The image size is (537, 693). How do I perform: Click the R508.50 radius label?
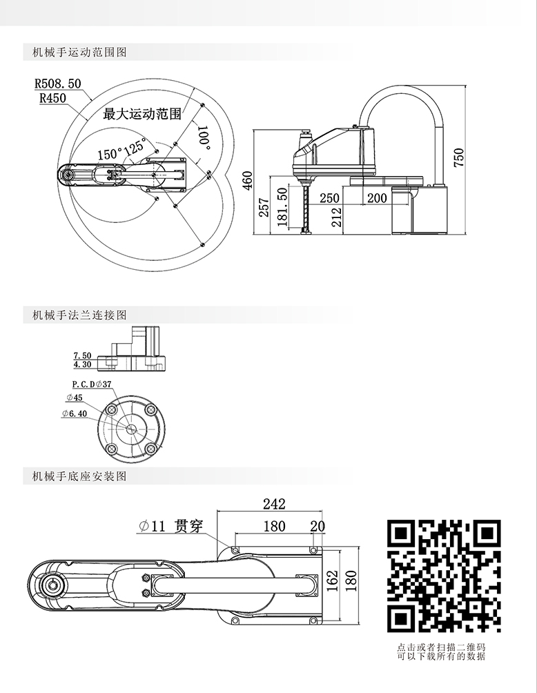coord(57,84)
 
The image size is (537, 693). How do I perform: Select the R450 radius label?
coord(52,98)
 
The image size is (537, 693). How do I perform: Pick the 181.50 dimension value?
coord(282,206)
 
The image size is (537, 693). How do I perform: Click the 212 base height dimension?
coord(336,217)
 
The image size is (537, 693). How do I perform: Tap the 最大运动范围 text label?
coord(141,114)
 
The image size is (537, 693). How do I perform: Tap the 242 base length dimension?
coord(274,505)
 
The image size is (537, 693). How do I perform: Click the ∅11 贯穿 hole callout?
coord(170,526)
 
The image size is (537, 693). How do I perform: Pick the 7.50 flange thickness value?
coord(82,355)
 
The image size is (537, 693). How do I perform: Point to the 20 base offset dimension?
coord(318,526)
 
